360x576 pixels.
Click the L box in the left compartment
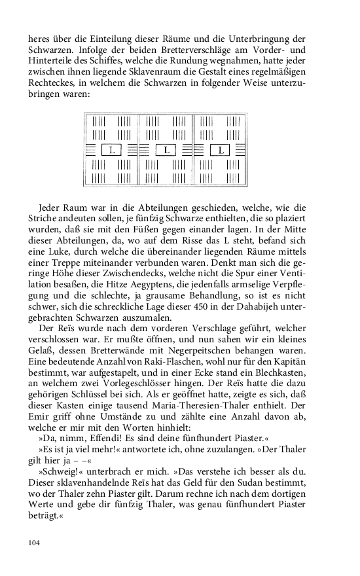[x=112, y=150]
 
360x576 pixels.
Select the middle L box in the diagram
[x=167, y=150]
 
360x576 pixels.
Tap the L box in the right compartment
[x=221, y=150]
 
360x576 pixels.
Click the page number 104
[x=35, y=543]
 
